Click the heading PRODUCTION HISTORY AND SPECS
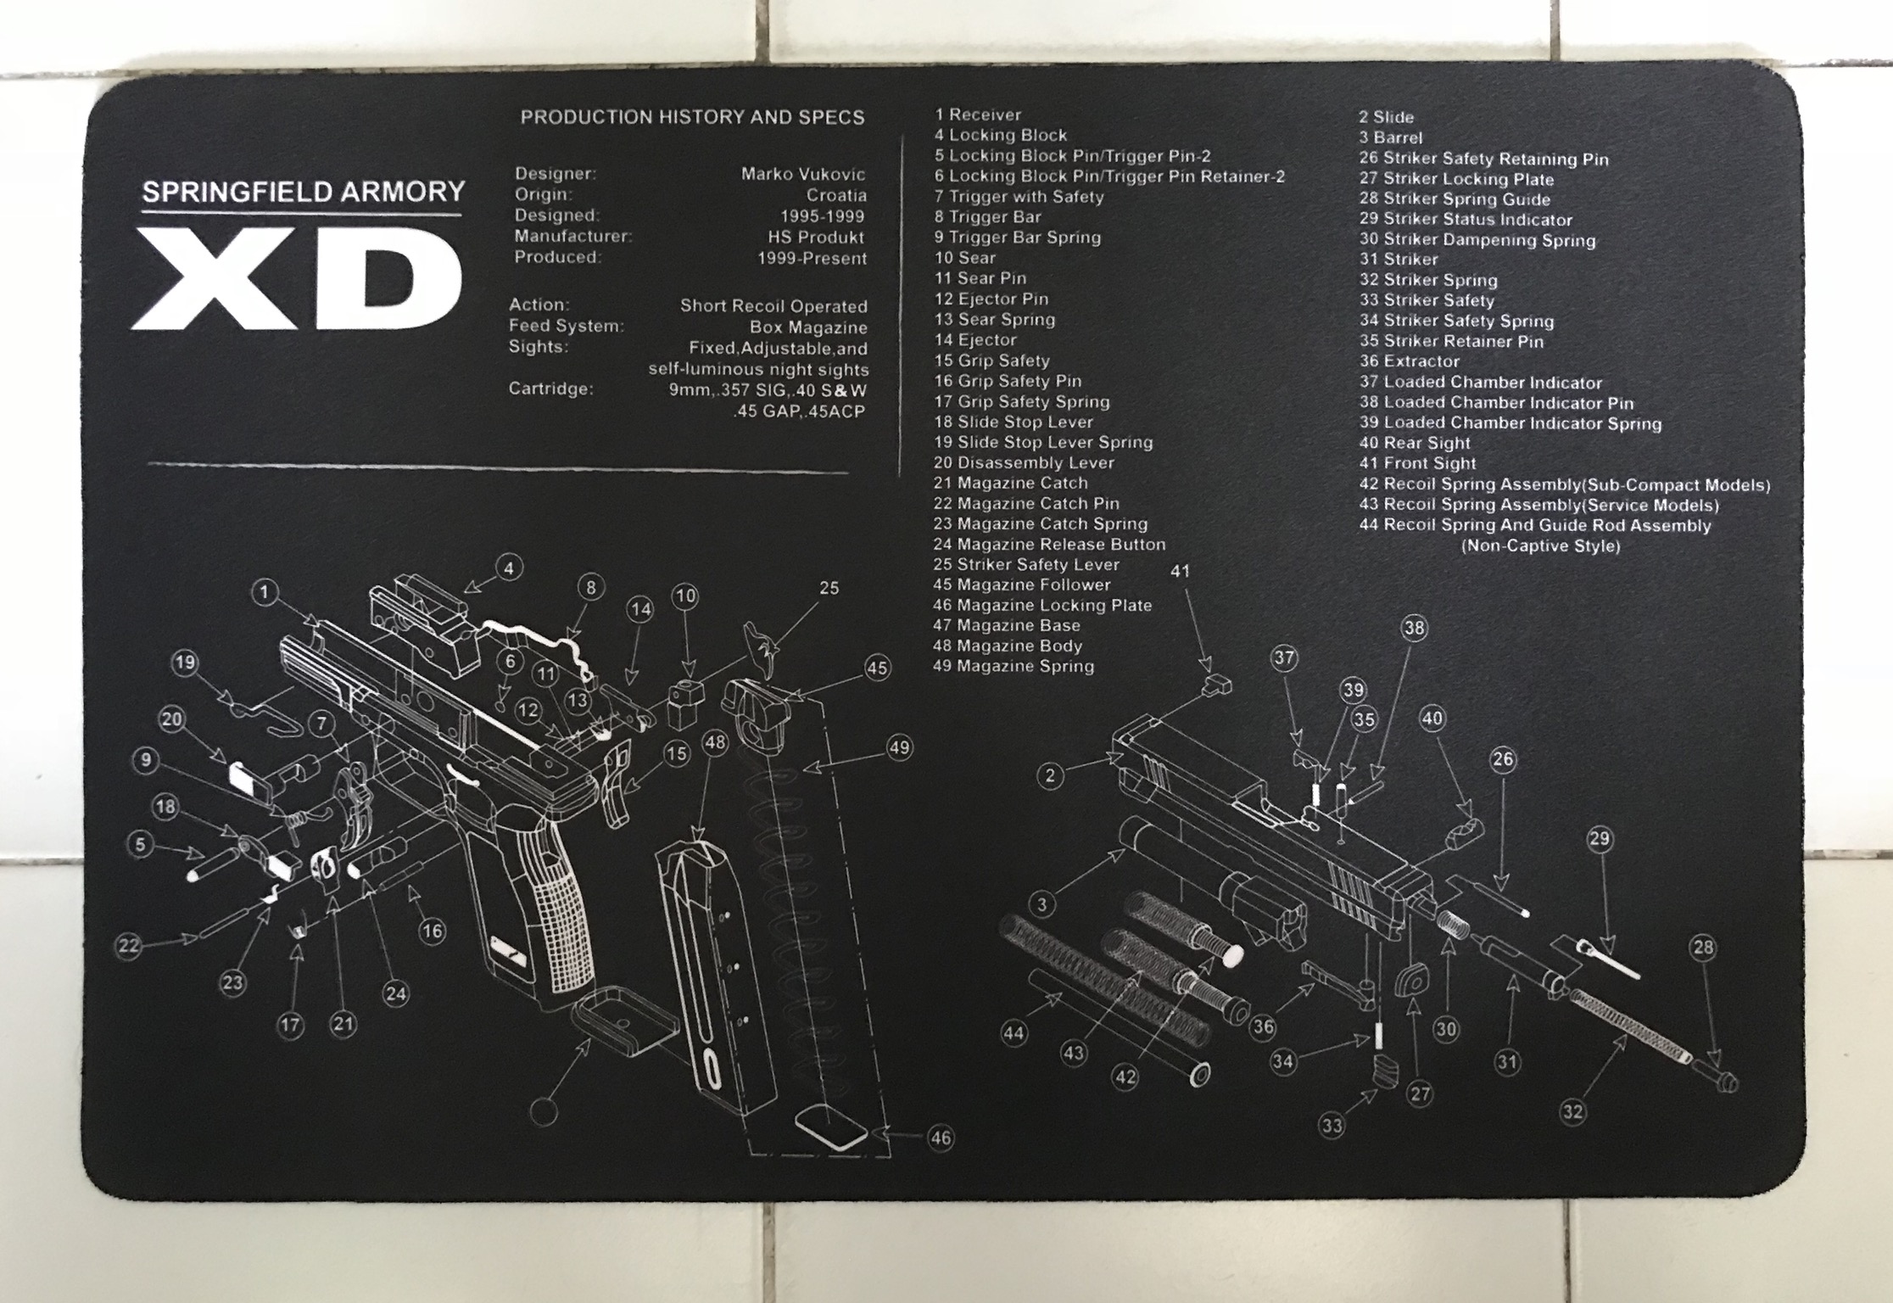tap(692, 117)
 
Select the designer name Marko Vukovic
tap(802, 174)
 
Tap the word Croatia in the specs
tap(835, 195)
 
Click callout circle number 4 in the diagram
tap(509, 568)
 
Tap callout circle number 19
tap(185, 663)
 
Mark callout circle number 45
tap(877, 668)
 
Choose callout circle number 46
tap(941, 1138)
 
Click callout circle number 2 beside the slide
tap(1050, 775)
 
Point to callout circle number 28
tap(1703, 948)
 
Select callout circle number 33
tap(1332, 1126)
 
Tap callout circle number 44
tap(1014, 1033)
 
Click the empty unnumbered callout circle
tap(544, 1111)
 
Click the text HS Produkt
tap(815, 238)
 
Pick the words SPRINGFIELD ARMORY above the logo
tap(303, 192)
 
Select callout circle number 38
tap(1415, 629)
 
